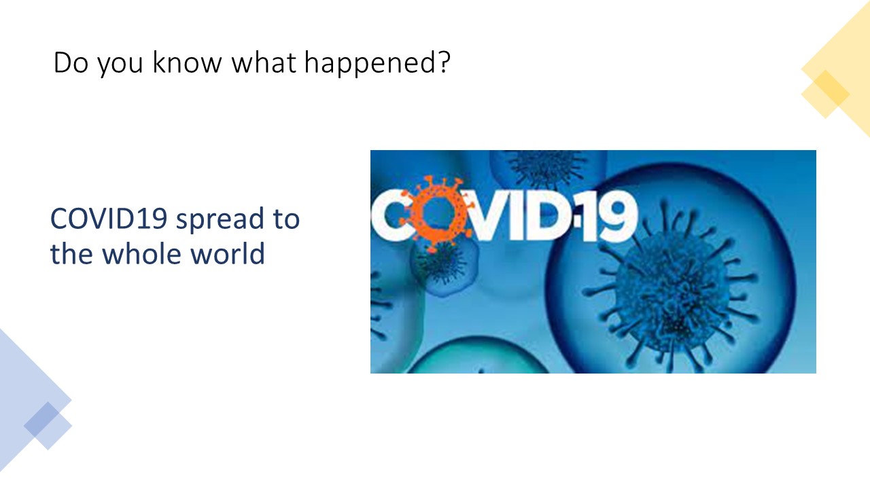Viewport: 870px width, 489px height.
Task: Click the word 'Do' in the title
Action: pos(71,62)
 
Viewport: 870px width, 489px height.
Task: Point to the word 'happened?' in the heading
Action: pos(377,63)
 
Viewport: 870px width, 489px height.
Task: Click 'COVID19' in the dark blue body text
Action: pos(109,219)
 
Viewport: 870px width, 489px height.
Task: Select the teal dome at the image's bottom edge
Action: pos(478,357)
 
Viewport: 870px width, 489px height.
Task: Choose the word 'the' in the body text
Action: pos(71,253)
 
